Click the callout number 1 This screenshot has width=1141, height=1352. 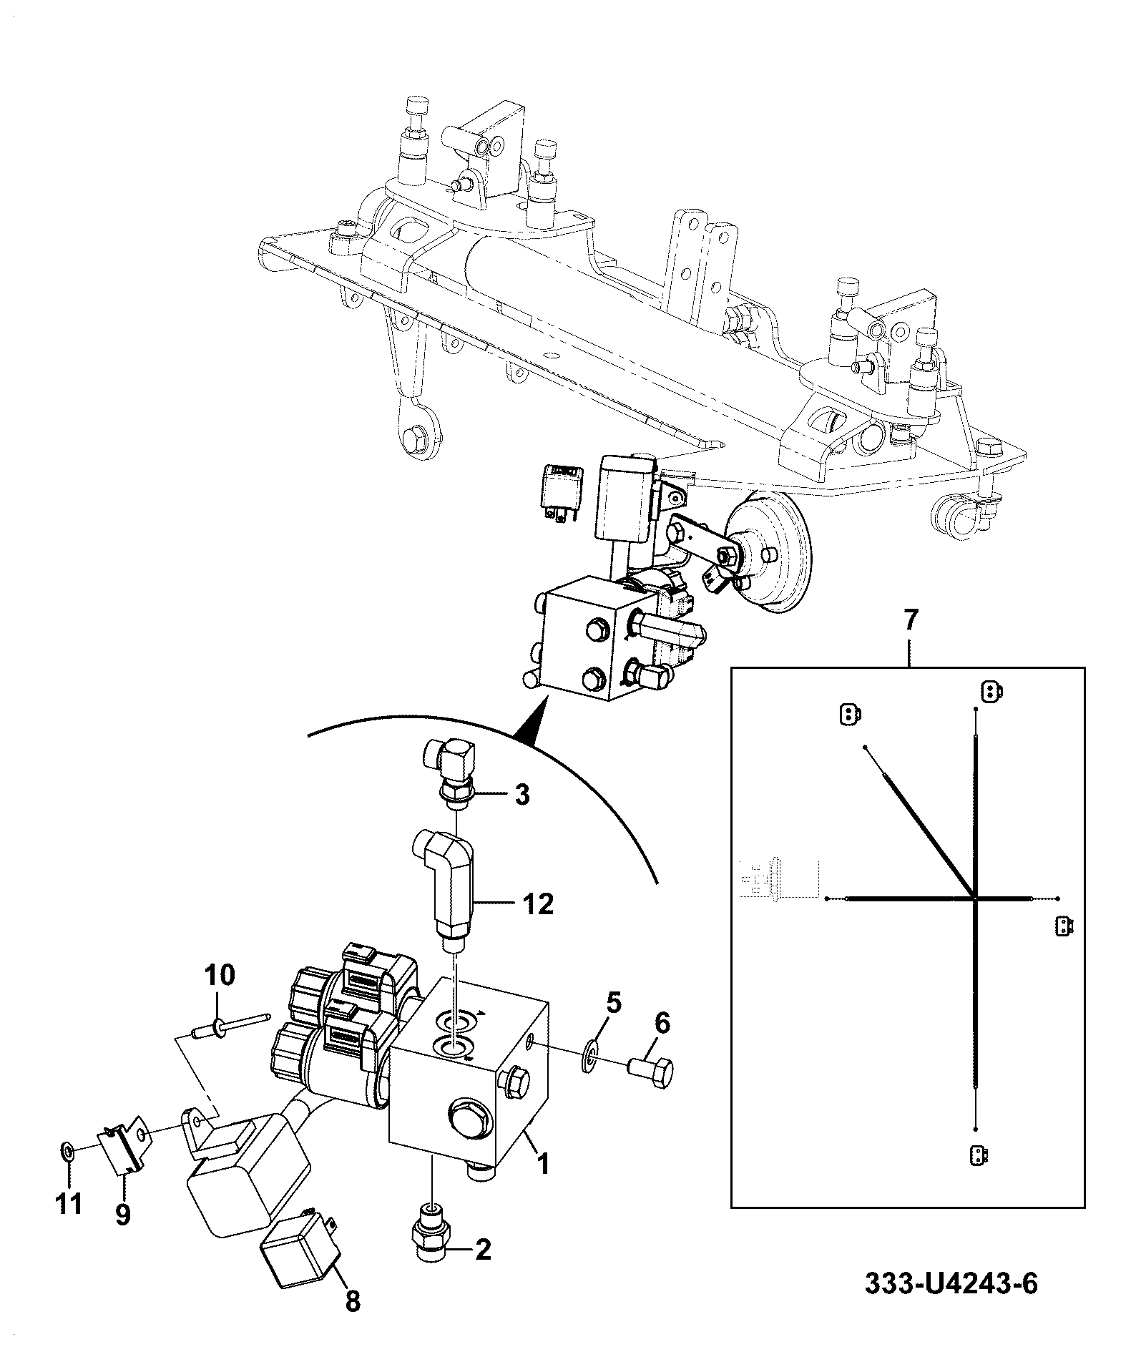543,1165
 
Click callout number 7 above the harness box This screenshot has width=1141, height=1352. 909,620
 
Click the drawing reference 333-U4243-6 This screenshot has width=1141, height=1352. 951,1303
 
